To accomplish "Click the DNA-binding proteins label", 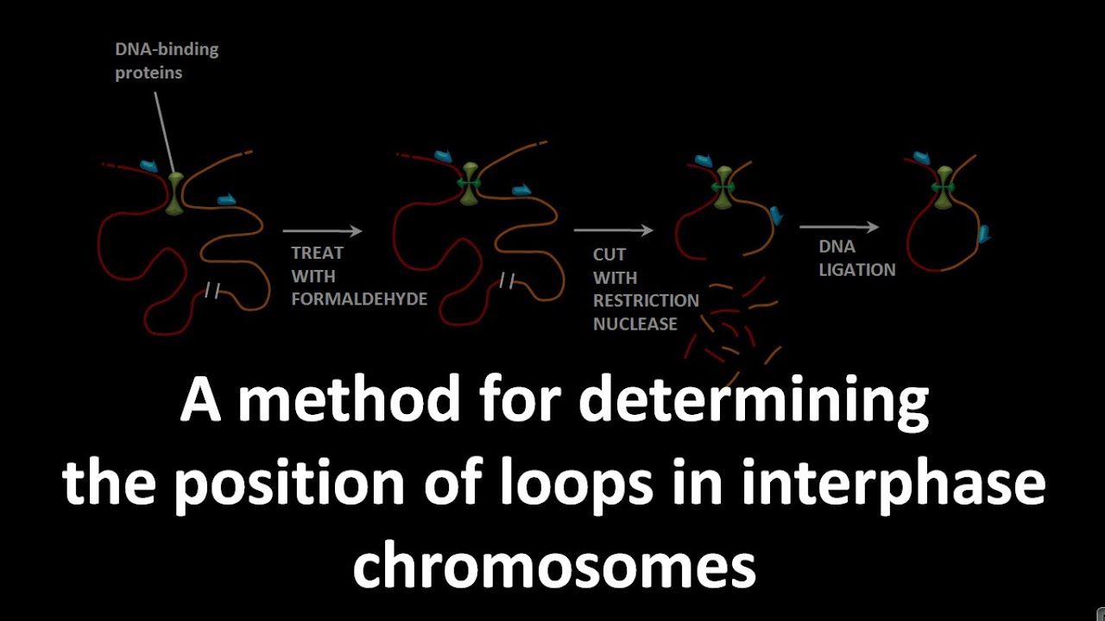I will tap(167, 60).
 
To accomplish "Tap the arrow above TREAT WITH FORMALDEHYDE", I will tap(322, 230).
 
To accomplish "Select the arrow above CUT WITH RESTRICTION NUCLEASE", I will tap(613, 230).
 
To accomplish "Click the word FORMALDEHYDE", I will tap(359, 299).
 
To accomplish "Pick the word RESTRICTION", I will tap(646, 301).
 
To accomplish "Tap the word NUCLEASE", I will tap(635, 324).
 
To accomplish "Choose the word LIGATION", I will tap(857, 269).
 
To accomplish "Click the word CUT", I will tap(609, 254).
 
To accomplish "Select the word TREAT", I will tap(317, 253).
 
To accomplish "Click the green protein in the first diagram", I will tap(175, 192).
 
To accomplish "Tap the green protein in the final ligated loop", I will tap(944, 186).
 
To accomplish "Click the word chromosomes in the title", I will tap(553, 567).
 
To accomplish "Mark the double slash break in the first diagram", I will tap(212, 291).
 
